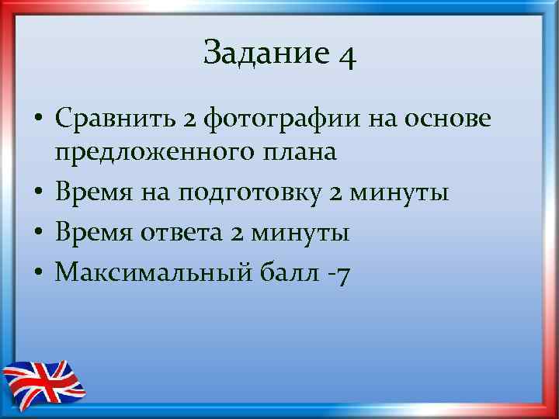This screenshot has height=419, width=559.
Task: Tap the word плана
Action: tap(300, 152)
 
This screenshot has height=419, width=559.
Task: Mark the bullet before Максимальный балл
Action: tap(37, 273)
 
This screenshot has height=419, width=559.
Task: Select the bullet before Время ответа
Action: tap(37, 234)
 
